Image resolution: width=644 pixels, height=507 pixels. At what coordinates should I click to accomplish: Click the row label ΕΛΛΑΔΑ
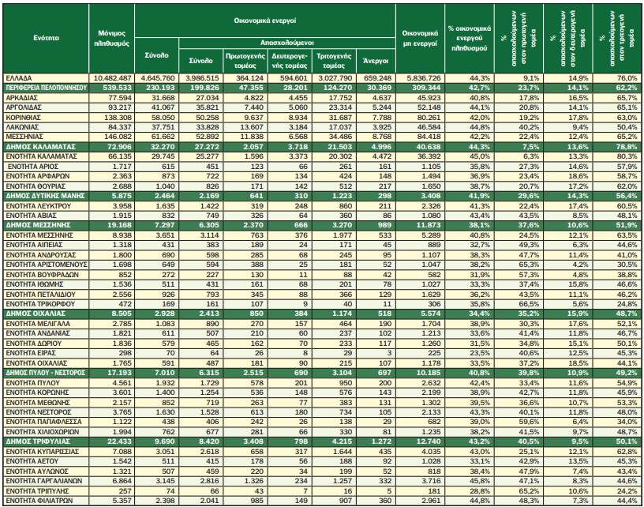tap(19, 78)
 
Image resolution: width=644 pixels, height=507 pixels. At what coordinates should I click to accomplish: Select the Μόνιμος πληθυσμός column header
tap(112, 38)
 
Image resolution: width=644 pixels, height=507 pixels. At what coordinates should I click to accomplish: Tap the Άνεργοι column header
tap(376, 60)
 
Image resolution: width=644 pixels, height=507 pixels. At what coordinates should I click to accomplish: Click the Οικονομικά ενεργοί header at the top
tap(265, 21)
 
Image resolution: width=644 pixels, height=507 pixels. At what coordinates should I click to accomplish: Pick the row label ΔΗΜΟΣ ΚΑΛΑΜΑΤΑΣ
tap(41, 147)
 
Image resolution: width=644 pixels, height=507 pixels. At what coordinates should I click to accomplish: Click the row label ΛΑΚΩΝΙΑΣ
tap(22, 127)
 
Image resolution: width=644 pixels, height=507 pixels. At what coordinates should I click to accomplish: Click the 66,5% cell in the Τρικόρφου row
tap(530, 304)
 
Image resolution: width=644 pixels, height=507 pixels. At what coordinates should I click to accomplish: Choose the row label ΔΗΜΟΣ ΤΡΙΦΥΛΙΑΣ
tap(38, 441)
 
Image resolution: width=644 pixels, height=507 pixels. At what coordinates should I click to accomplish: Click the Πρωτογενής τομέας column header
tap(245, 60)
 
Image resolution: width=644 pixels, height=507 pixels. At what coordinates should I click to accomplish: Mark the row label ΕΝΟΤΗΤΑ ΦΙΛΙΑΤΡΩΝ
tap(39, 501)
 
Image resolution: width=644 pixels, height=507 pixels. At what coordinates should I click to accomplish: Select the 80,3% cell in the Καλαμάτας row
tap(628, 156)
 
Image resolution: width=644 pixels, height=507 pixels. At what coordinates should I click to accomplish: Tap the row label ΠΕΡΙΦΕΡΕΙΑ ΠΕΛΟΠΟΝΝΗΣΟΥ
tap(46, 88)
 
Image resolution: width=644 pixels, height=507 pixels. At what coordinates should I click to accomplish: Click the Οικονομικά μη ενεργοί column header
tap(420, 38)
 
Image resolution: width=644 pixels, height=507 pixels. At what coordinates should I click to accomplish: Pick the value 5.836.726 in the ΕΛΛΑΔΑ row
tap(423, 78)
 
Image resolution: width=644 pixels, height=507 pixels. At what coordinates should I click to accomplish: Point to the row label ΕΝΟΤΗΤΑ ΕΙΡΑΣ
tap(31, 353)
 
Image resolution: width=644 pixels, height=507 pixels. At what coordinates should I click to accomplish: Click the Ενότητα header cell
tap(46, 38)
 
